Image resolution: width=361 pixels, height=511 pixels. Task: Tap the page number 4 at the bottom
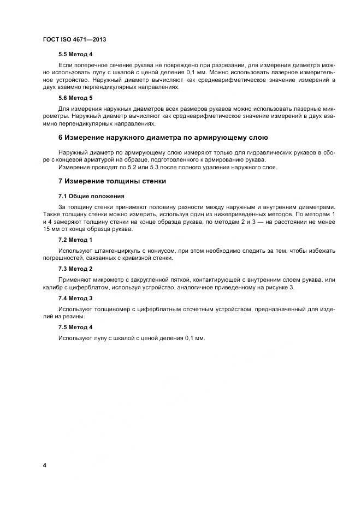pos(45,465)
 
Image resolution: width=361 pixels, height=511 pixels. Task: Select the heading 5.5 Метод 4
pos(75,55)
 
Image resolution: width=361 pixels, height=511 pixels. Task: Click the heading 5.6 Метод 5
pos(75,98)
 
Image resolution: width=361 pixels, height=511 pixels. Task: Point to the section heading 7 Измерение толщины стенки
pos(112,181)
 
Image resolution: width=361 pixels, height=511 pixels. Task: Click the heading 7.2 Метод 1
pos(75,240)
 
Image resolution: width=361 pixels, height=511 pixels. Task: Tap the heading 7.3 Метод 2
pos(75,269)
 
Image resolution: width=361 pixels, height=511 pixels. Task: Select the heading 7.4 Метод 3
pos(75,298)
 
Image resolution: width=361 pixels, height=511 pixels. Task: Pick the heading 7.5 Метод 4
pos(75,327)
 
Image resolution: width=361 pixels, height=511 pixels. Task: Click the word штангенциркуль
pos(115,251)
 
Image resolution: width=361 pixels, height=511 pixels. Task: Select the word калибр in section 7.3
pos(53,287)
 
